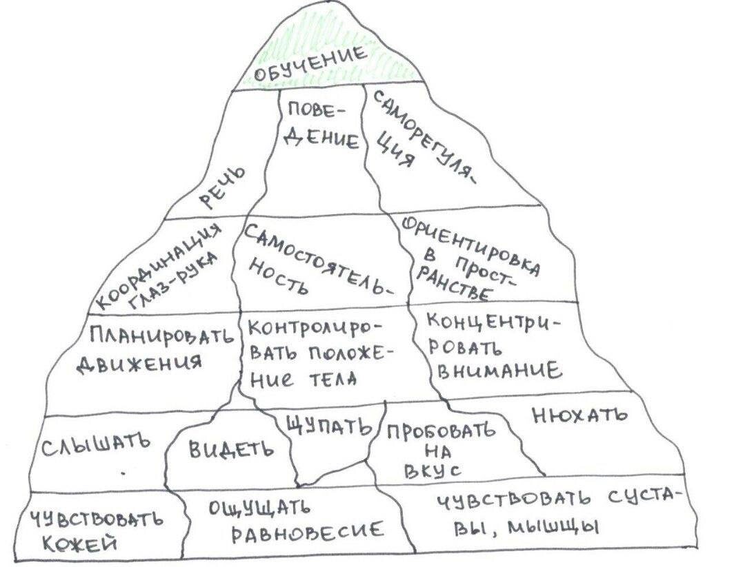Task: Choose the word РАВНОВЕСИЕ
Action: click(308, 531)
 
